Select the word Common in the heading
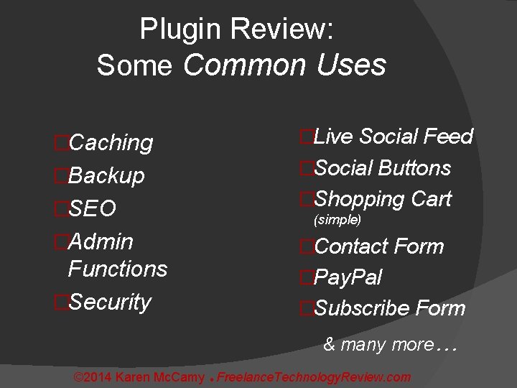[244, 65]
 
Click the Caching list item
[110, 143]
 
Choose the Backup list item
[106, 176]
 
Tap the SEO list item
[91, 209]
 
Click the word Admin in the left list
[100, 241]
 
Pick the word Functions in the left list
[117, 269]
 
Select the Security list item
[109, 302]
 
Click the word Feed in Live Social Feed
[448, 137]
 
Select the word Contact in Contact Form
[348, 246]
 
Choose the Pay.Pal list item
[348, 277]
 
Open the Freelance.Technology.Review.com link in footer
[314, 377]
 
